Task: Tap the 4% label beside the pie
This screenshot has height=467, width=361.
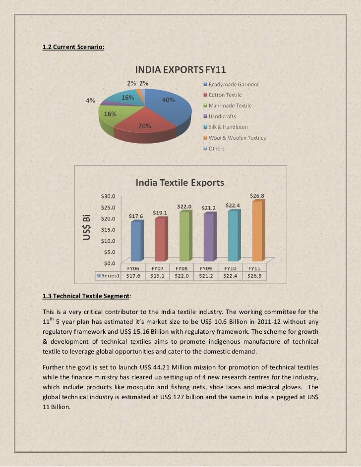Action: (x=91, y=101)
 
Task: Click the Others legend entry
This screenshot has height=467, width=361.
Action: (x=216, y=149)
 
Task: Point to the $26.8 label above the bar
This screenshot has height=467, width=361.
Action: (x=257, y=196)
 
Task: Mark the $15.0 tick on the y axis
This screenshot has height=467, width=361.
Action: (x=109, y=229)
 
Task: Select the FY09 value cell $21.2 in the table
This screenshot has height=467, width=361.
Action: (x=206, y=275)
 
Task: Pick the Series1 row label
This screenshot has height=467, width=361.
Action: (x=109, y=275)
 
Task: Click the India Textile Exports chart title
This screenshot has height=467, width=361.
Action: (x=180, y=183)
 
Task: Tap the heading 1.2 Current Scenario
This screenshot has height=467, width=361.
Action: (x=74, y=47)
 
